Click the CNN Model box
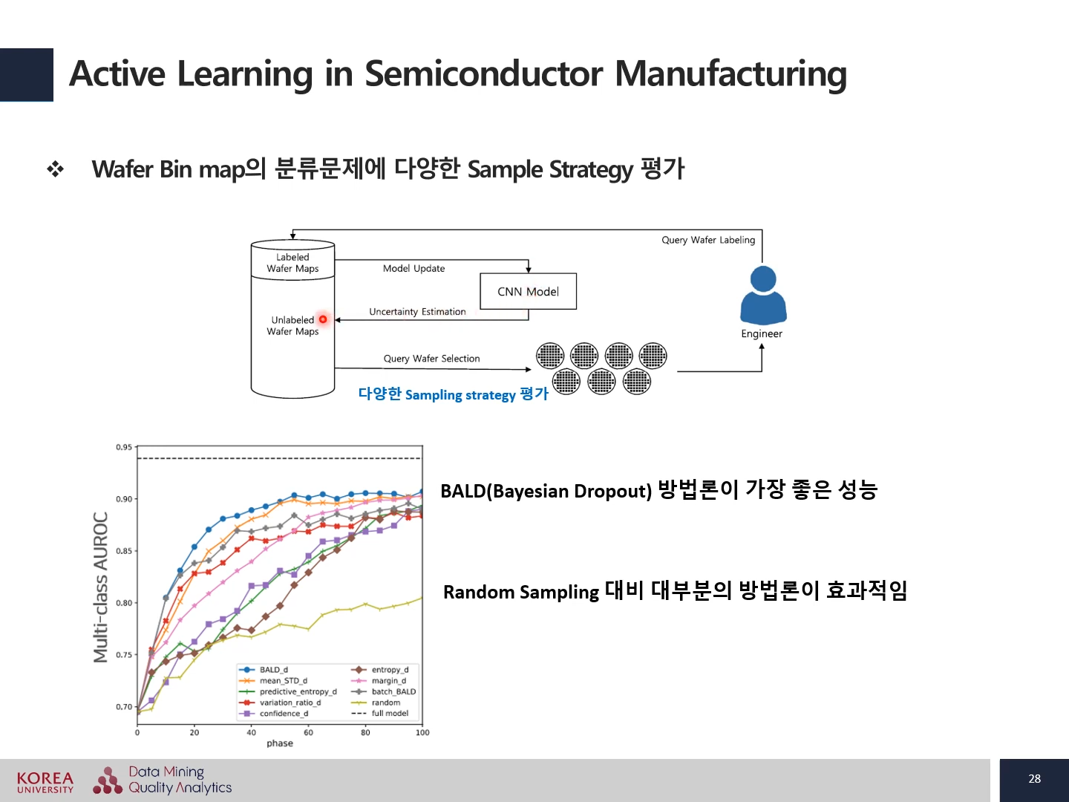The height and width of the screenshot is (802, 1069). click(528, 292)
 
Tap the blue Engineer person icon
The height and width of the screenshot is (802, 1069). click(763, 295)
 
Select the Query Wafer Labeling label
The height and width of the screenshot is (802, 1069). click(708, 240)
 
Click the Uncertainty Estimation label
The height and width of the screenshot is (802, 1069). click(417, 312)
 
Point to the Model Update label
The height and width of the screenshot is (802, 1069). click(413, 269)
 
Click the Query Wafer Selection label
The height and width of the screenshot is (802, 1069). click(431, 359)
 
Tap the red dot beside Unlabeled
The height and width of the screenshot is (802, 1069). click(323, 319)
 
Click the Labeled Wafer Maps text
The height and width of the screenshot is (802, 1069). click(292, 263)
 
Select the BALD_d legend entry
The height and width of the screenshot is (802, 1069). click(273, 670)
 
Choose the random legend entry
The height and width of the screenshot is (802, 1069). click(385, 702)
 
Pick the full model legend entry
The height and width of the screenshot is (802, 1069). click(390, 714)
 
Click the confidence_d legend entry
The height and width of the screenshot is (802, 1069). click(283, 714)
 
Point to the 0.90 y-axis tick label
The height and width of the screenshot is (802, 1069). click(124, 499)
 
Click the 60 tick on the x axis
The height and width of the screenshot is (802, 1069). click(308, 733)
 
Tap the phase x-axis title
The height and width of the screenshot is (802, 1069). click(280, 743)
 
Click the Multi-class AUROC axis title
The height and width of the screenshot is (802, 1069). click(101, 587)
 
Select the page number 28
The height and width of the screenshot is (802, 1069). click(1034, 779)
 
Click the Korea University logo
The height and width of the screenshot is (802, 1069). click(45, 782)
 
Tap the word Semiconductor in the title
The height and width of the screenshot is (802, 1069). click(483, 74)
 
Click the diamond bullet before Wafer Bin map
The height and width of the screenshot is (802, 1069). click(56, 169)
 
